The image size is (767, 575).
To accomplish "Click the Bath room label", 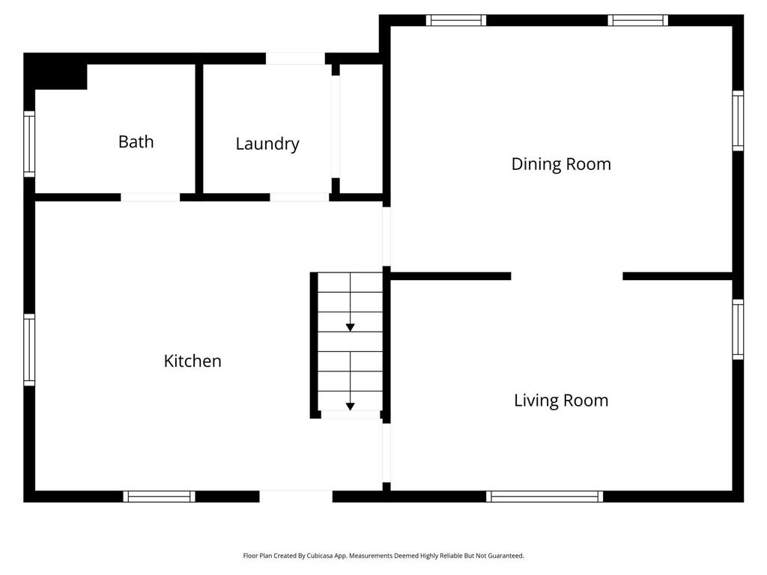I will [x=136, y=142].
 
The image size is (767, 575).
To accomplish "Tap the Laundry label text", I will [x=267, y=144].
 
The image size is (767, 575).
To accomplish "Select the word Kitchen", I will [x=192, y=361].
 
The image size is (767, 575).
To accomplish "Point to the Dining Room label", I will [x=561, y=164].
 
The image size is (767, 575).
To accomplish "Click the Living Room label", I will [x=561, y=401].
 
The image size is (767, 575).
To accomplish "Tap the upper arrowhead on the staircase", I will [x=350, y=327].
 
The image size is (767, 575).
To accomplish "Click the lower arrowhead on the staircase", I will [x=350, y=407].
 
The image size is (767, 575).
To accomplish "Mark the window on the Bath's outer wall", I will [x=29, y=144].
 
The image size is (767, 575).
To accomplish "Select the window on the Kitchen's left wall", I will [x=29, y=350].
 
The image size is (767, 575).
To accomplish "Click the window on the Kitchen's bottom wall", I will [x=159, y=496].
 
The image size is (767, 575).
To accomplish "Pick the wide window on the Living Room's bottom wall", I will [x=545, y=496].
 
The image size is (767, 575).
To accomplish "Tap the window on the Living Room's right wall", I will [x=738, y=329].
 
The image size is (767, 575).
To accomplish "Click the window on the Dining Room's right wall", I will [x=738, y=121].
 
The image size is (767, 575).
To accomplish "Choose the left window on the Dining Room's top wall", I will [x=456, y=20].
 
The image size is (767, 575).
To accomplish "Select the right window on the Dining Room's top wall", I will [x=638, y=20].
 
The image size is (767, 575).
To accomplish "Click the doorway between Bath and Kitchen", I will [x=150, y=198].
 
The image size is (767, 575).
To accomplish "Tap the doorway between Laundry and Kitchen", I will [x=300, y=198].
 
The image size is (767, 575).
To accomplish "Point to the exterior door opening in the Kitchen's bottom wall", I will [x=296, y=496].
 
